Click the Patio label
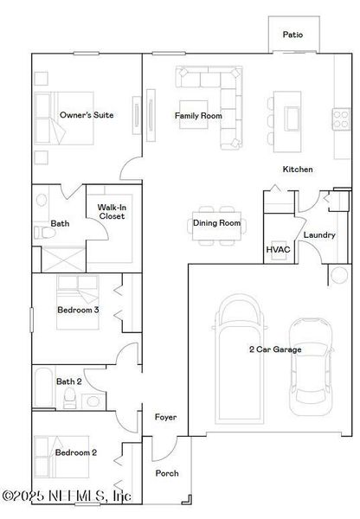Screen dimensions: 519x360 [293, 35]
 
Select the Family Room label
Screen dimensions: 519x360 [198, 115]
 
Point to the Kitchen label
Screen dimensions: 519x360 [297, 170]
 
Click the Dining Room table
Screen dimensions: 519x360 [216, 222]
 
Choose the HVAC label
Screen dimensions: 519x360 [277, 251]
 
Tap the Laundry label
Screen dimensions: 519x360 [318, 234]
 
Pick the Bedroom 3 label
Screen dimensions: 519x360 [78, 310]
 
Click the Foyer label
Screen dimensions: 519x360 [165, 418]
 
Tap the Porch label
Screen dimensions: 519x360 [166, 473]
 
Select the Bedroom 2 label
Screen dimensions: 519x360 [76, 452]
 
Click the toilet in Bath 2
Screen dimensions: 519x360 [70, 396]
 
